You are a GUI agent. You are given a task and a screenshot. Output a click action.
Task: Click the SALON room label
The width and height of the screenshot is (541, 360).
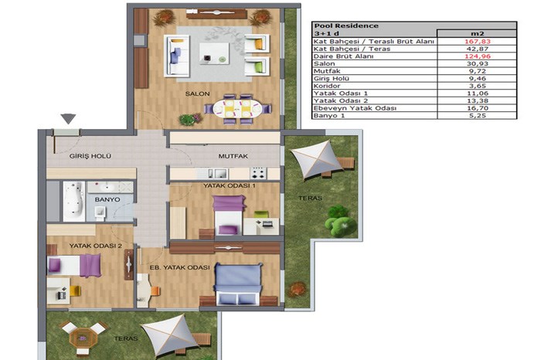[197, 93]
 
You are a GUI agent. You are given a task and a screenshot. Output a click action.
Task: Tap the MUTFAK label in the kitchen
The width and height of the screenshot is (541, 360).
[233, 156]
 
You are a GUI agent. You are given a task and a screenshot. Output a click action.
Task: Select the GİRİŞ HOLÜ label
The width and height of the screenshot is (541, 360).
[90, 156]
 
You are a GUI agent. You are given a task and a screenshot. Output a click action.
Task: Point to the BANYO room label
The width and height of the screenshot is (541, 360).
[107, 199]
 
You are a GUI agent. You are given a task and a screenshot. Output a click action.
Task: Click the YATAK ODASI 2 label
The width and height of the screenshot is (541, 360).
[96, 246]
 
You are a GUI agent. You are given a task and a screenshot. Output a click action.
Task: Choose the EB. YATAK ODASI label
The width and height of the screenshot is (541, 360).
[179, 267]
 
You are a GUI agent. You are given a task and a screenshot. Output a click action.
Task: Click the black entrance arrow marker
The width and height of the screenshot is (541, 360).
[68, 119]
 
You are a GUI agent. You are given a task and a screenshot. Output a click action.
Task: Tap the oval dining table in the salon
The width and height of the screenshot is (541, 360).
[238, 109]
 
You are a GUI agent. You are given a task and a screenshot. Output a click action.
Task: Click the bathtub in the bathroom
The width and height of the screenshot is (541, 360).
[74, 202]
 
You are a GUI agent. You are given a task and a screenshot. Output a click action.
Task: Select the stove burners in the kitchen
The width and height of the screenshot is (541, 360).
[258, 173]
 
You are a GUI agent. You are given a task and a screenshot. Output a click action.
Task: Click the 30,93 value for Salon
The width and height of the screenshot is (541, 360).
[478, 64]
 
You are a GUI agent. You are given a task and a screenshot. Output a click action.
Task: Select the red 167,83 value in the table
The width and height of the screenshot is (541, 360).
[478, 42]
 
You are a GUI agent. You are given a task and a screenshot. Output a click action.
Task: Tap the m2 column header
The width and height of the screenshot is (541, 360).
[478, 33]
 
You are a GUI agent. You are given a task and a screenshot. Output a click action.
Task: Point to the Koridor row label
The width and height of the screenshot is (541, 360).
[327, 86]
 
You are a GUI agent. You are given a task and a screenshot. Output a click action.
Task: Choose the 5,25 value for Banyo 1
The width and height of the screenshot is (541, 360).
[478, 116]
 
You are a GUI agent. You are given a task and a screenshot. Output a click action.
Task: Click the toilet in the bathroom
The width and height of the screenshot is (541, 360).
[100, 213]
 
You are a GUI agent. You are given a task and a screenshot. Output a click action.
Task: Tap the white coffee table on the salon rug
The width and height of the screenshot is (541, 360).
[214, 53]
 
